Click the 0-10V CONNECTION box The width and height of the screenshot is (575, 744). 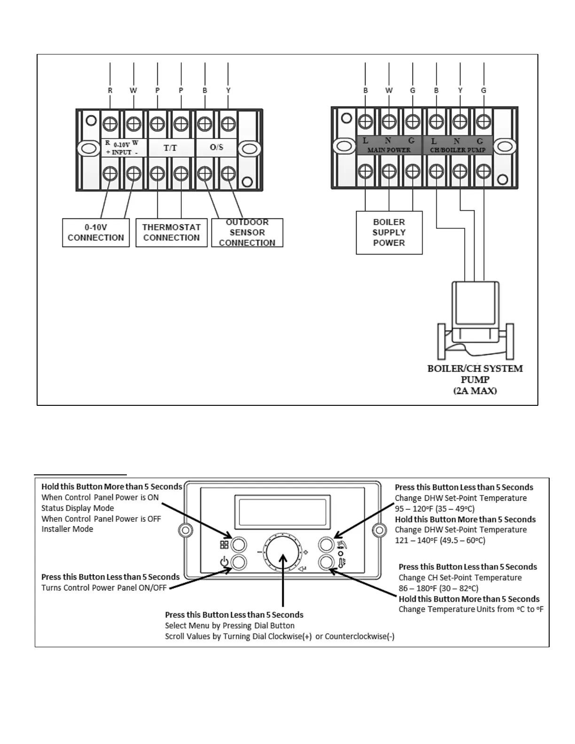pos(96,232)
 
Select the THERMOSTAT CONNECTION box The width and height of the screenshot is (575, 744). pos(171,232)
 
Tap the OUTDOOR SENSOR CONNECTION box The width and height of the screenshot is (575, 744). pos(247,232)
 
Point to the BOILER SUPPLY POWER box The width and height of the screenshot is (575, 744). pos(389,232)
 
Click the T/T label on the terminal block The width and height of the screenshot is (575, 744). pos(170,147)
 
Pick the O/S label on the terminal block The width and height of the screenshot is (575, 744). pos(217,147)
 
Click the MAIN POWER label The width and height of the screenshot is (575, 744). pos(389,150)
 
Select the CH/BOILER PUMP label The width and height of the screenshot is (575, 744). pos(458,150)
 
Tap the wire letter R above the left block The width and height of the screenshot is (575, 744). pos(110,90)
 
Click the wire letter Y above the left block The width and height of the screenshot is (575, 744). pos(228,90)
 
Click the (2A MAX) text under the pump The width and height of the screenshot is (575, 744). pos(475,391)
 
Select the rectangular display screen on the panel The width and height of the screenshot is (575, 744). pos(282,512)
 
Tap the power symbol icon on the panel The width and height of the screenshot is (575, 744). pos(224,562)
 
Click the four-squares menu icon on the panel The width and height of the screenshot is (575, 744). pos(224,545)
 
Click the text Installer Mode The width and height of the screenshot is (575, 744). pos(67,529)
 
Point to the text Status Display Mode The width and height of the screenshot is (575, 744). pos(78,508)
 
